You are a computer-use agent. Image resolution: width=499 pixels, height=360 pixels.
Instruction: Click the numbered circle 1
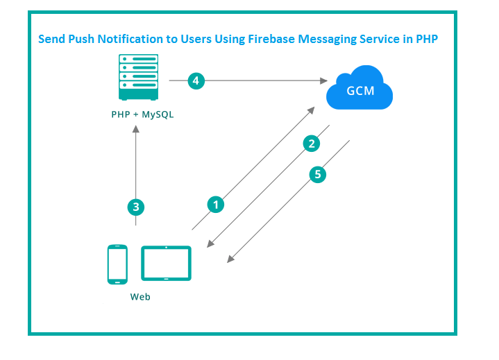(216, 204)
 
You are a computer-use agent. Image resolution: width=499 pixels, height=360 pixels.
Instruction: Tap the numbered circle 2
(312, 144)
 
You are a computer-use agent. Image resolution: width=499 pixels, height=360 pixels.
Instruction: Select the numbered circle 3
(136, 206)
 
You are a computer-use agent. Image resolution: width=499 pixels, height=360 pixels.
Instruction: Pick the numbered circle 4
(196, 81)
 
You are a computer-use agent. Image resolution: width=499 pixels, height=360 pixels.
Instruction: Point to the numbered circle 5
(318, 174)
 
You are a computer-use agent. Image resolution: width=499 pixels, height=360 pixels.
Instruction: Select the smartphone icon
(117, 264)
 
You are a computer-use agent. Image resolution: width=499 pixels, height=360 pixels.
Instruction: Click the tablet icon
(166, 264)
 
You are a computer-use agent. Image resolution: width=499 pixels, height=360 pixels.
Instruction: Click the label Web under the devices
(140, 297)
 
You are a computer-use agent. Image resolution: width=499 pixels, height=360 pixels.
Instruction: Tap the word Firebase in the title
(268, 40)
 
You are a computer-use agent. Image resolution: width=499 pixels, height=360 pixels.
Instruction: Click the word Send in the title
(51, 40)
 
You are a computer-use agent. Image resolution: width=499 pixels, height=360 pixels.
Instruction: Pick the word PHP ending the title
(426, 40)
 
